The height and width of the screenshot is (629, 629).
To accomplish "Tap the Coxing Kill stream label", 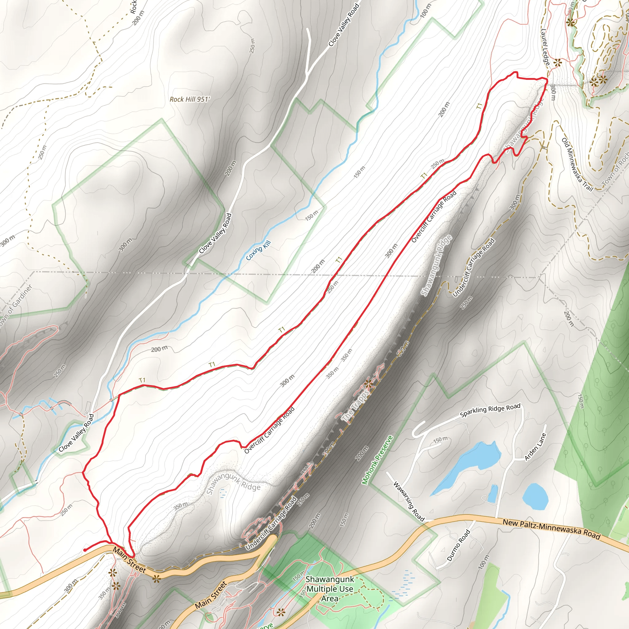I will [x=258, y=250].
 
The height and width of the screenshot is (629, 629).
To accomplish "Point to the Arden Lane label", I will [x=535, y=447].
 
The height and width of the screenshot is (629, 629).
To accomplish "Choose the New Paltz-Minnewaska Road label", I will [x=552, y=529].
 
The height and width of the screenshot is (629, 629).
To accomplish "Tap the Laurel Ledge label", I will [x=545, y=47].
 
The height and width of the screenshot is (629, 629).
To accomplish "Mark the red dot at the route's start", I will [x=85, y=550].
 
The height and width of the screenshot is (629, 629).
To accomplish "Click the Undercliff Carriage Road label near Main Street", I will [x=271, y=524].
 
